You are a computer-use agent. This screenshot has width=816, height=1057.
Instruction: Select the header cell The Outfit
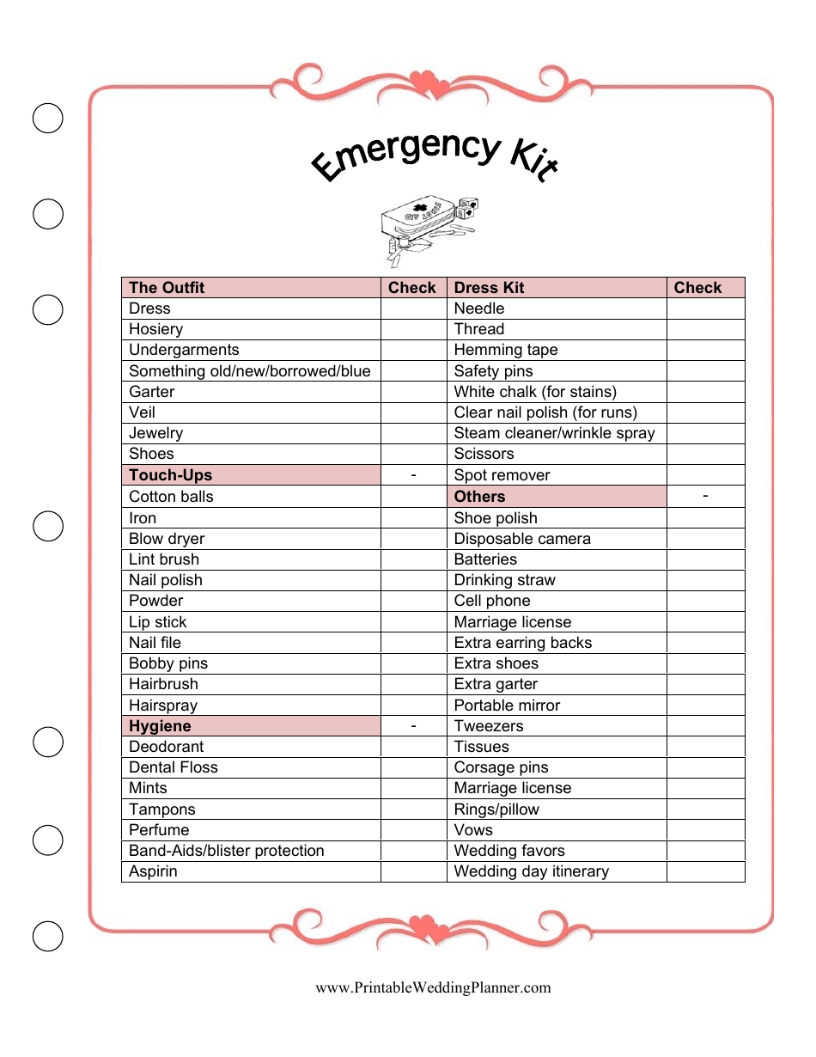[167, 288]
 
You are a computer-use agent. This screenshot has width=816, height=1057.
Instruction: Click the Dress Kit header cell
[489, 288]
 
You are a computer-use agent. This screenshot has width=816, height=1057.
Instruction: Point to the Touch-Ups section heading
[170, 475]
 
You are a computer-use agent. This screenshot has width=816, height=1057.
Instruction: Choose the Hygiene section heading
[160, 726]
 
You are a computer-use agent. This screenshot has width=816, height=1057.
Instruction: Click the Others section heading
[479, 497]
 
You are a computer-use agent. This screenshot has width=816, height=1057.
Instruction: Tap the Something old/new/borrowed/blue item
[249, 371]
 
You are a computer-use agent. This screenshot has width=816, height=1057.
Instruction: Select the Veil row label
[142, 412]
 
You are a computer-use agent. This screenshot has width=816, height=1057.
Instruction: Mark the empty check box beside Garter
[413, 392]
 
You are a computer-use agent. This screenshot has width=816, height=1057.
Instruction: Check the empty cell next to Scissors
[705, 454]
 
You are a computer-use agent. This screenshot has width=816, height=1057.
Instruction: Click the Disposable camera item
[522, 539]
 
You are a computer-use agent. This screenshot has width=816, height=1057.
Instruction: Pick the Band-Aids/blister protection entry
[226, 851]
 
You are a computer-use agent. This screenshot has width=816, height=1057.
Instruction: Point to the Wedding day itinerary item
[531, 871]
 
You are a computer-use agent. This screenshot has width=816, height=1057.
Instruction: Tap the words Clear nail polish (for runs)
[545, 412]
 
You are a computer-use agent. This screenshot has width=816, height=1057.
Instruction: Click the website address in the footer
[433, 987]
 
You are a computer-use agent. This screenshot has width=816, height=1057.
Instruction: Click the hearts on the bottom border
[423, 927]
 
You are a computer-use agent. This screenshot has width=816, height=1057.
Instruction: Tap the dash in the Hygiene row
[413, 726]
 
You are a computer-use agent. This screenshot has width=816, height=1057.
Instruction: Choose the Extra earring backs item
[522, 643]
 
